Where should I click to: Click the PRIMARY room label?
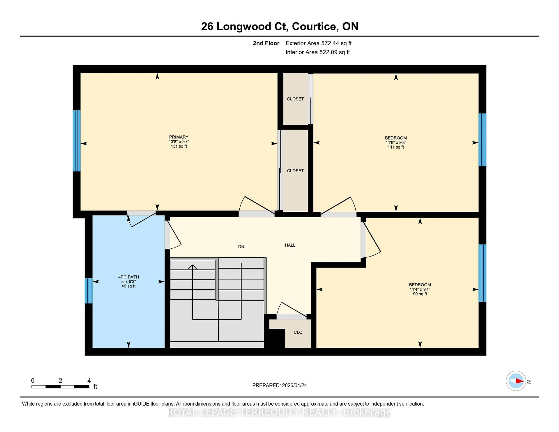[179, 137]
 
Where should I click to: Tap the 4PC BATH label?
[129, 277]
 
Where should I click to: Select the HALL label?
[290, 245]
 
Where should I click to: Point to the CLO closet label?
[298, 332]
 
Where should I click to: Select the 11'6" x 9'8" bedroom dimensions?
[396, 142]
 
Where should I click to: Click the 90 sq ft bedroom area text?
[420, 294]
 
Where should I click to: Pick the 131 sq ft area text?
[179, 146]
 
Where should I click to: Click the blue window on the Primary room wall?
[77, 141]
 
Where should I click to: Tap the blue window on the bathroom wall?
[89, 291]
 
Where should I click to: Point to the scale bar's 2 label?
[60, 381]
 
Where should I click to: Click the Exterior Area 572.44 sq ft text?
[318, 43]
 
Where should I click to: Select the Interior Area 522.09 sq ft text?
[317, 52]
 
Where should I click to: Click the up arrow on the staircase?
[192, 267]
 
